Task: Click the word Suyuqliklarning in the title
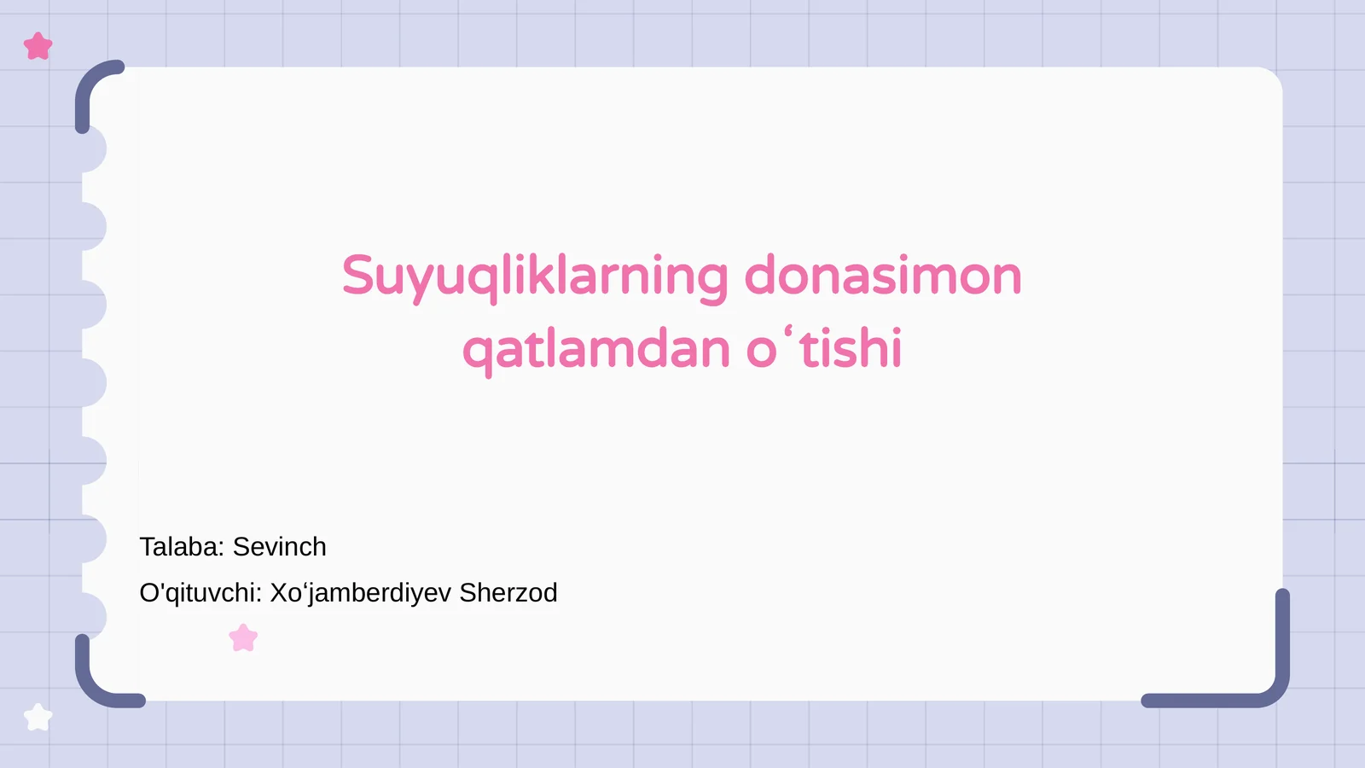(535, 276)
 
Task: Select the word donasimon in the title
(883, 276)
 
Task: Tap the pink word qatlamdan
(596, 350)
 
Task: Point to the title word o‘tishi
(824, 348)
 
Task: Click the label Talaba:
(182, 547)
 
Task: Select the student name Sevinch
(280, 547)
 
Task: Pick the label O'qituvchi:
(200, 593)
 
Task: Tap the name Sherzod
(508, 593)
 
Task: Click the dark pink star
(38, 46)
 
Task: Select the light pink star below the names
(243, 638)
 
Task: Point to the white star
(38, 718)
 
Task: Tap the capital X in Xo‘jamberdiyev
(280, 593)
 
